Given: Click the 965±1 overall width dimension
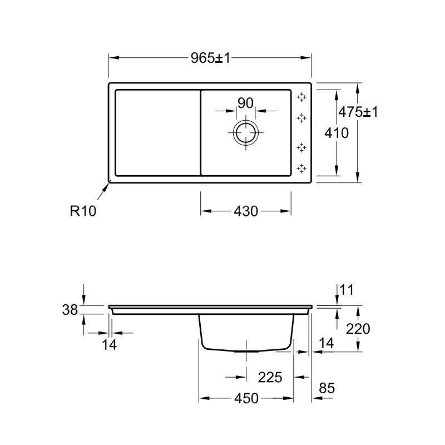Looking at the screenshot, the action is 210,58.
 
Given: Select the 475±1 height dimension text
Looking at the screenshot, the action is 358,112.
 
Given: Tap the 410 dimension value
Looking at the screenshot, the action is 337,133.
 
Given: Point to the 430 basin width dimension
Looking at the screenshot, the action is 246,211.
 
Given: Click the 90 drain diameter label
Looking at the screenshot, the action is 245,103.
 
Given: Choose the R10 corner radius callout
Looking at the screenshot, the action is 83,211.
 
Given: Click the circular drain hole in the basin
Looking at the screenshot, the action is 246,132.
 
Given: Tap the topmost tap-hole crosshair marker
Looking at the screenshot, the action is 301,97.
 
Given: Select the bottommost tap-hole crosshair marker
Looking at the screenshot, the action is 301,169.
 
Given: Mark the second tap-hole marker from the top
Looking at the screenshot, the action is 301,118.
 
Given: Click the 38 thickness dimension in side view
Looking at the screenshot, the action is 70,310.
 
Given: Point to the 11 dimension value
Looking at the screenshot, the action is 347,290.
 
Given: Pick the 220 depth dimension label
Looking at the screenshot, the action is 358,329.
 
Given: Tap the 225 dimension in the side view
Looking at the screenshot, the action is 270,377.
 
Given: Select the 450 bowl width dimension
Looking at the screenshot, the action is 246,398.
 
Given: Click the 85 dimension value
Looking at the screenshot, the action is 327,388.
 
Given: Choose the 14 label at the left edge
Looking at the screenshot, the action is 109,345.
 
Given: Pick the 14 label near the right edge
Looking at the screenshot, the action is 327,343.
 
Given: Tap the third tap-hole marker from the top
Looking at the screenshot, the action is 301,147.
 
